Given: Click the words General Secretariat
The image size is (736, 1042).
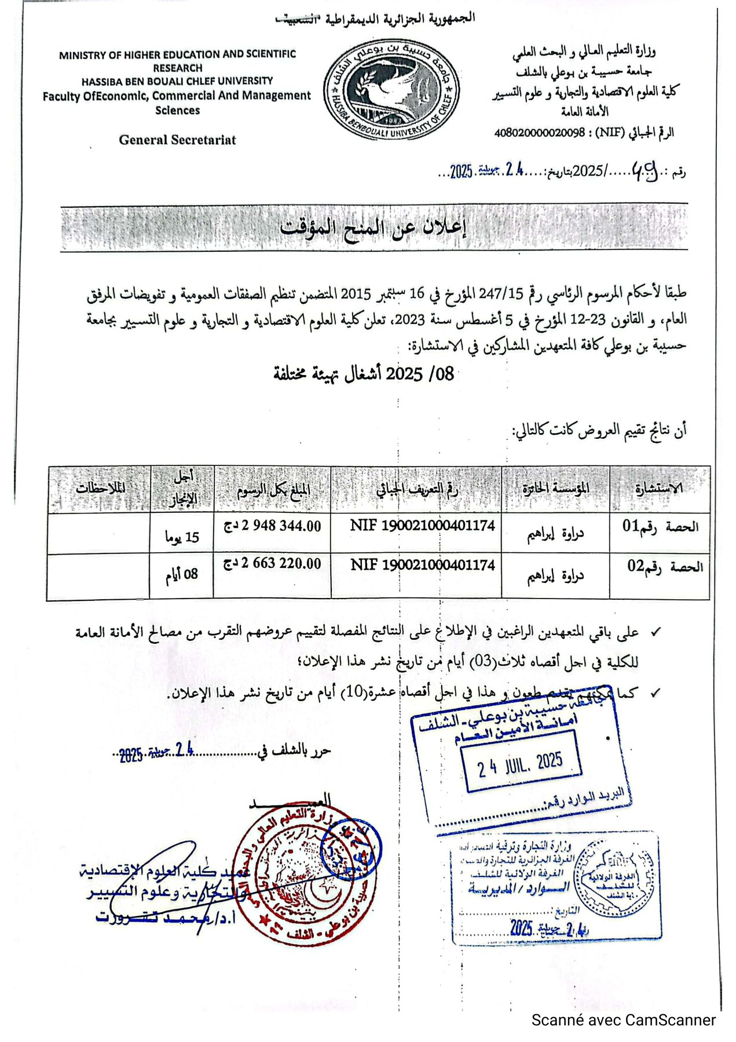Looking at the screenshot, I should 177,140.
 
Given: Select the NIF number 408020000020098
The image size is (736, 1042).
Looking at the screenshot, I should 539,133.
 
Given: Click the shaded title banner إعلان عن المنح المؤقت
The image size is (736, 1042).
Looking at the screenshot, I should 374,227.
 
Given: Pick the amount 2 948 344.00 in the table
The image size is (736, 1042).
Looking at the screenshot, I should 273,526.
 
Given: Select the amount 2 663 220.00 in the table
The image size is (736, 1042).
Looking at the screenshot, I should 273,563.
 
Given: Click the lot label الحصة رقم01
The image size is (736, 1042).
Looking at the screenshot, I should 660,526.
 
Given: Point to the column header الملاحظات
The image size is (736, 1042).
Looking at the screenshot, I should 100,488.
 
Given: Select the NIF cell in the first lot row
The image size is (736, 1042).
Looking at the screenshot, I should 423,526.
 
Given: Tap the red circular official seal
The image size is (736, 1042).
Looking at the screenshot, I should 295,871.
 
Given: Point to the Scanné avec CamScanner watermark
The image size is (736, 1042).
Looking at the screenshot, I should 624,1020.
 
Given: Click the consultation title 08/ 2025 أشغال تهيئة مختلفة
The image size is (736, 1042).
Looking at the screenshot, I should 364,375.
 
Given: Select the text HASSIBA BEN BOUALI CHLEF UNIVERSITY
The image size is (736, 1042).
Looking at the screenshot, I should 177,81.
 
